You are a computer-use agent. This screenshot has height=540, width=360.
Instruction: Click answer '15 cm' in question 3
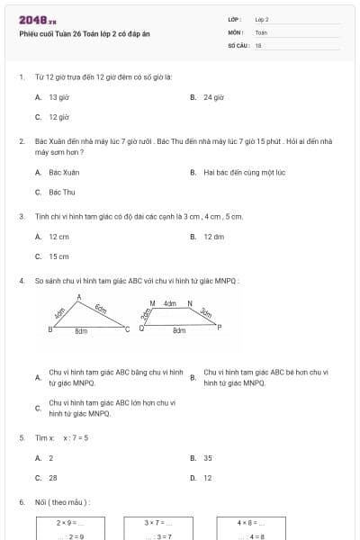click(58, 256)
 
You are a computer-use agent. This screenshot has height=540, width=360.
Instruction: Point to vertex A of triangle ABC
click(79, 297)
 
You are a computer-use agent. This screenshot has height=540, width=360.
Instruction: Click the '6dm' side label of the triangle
click(101, 310)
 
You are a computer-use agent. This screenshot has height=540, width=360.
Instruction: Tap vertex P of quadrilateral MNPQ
click(219, 327)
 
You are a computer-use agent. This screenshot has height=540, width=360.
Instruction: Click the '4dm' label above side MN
click(169, 303)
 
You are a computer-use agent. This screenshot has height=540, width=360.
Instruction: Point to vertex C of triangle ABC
click(127, 329)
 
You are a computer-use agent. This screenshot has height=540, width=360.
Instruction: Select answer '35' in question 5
click(208, 458)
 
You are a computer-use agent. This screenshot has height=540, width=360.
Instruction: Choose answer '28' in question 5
click(53, 478)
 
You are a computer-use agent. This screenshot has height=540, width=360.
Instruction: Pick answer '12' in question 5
click(208, 478)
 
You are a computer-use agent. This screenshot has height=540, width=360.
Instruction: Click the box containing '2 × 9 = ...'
click(69, 527)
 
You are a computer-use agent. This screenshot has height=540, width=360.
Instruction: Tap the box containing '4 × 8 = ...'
click(248, 527)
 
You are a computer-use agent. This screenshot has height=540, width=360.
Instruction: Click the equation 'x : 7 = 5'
click(76, 438)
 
